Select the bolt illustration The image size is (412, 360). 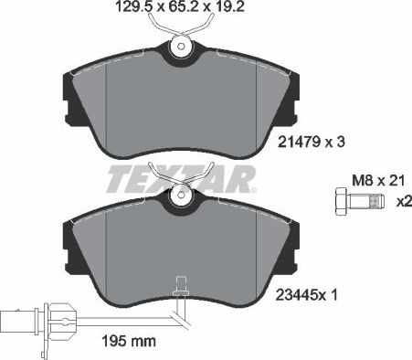coord(350,202)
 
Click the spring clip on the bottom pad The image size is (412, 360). coord(180,184)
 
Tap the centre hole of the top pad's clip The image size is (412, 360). coord(180,47)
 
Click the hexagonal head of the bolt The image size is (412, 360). coord(337,202)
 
